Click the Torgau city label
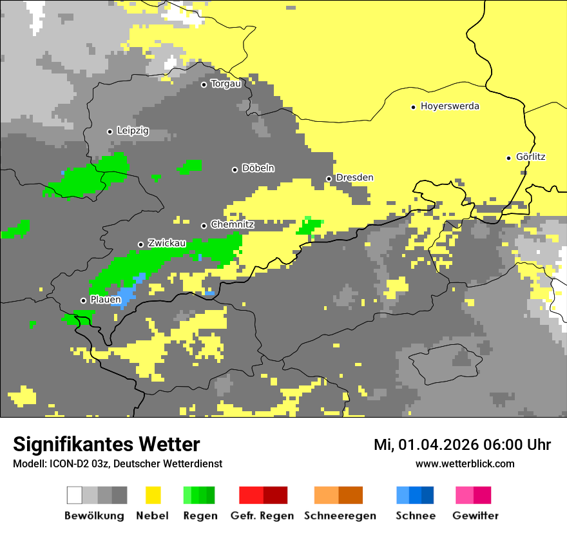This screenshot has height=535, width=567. coord(226,84)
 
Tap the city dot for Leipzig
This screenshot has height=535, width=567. coord(110,131)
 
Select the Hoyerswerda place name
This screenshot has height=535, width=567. coord(450,106)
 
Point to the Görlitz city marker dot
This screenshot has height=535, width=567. coord(508,158)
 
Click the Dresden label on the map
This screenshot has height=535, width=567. coord(354,178)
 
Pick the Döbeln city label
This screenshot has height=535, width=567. coord(258,168)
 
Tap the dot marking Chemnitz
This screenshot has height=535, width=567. coord(204,226)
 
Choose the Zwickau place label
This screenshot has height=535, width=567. coord(167,244)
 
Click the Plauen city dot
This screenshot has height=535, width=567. coord(83,300)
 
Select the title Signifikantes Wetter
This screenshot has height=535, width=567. coord(106,444)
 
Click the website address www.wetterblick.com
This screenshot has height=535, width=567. coord(465,463)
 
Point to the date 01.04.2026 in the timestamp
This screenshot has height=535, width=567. coord(435,445)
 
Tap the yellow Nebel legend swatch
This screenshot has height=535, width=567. coord(153,495)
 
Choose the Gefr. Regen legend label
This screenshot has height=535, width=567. coord(262,516)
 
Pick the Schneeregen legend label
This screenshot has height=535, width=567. coord(340,516)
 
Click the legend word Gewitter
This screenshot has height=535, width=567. coord(476,516)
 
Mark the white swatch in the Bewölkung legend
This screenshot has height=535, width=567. coord(74,495)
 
